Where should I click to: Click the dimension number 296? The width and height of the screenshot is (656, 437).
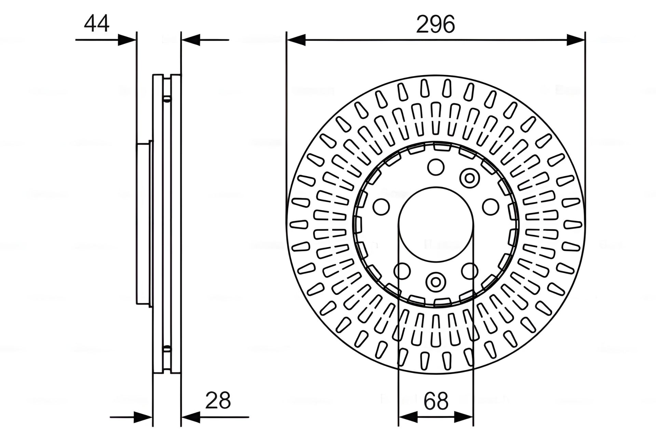435,24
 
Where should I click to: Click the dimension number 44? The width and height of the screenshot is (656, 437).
97,23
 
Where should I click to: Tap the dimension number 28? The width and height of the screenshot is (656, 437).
218,400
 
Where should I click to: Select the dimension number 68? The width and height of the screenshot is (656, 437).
436,401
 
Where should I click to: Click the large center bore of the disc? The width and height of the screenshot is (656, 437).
436,224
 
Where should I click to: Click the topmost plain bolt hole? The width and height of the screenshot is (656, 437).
436,168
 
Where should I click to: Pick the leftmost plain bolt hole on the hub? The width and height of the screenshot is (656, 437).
381,207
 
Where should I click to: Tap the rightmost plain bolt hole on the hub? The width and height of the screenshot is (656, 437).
491,207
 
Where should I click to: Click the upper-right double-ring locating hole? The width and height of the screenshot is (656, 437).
469,178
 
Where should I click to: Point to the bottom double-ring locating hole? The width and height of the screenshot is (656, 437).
436,282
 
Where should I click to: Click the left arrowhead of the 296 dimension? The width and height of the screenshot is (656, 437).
296,40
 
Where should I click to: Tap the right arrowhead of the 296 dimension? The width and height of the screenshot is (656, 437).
576,40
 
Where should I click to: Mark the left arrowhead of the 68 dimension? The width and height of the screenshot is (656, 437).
408,417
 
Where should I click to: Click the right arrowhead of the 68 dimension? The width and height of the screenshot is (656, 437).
464,417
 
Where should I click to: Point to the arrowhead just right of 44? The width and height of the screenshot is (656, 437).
127,40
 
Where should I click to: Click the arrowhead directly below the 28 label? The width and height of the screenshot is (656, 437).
190,417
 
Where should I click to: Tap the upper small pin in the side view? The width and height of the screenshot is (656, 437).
167,99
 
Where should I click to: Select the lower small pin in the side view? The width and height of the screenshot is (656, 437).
167,349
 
